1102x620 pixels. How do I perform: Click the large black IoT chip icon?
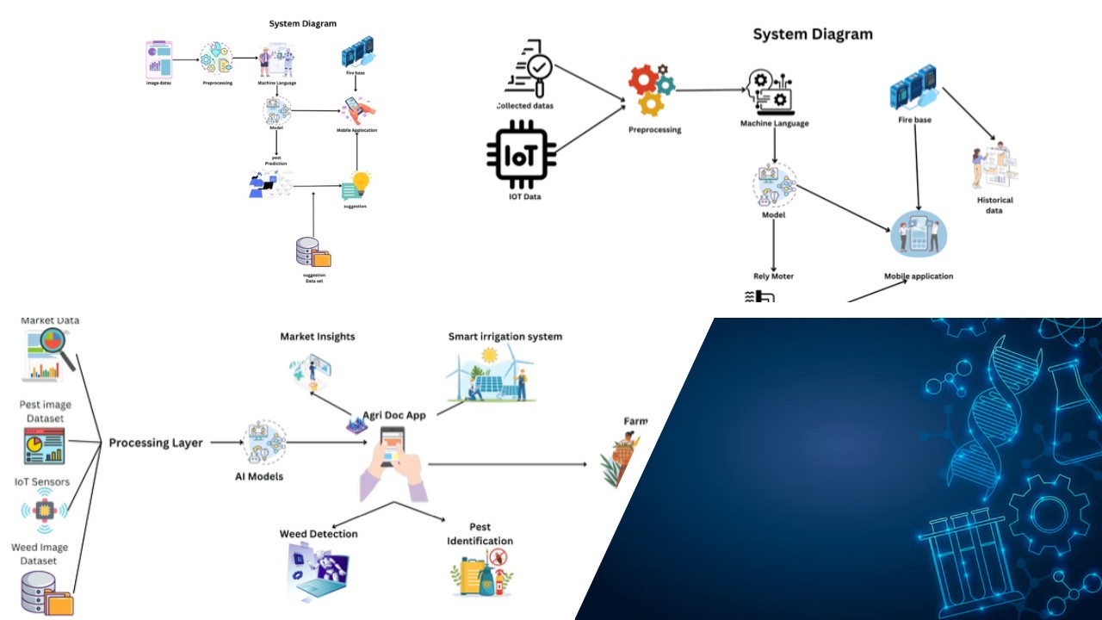(x=521, y=155)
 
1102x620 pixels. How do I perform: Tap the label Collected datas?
(x=525, y=106)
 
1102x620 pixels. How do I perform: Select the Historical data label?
(x=994, y=205)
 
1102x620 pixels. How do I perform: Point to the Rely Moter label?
(x=773, y=276)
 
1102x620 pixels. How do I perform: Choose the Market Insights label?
(x=318, y=337)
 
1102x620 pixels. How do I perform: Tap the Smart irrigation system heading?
(x=505, y=337)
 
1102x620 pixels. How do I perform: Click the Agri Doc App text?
(x=394, y=415)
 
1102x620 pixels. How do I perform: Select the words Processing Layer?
(x=156, y=443)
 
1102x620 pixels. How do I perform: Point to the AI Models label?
(x=259, y=476)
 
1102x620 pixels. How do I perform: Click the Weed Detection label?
(x=319, y=534)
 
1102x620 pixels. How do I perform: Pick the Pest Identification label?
(x=480, y=534)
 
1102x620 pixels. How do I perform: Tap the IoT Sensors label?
(x=42, y=482)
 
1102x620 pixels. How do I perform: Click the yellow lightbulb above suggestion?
(x=360, y=182)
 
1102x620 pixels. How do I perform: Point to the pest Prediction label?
(x=275, y=160)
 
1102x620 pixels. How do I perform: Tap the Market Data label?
(x=50, y=321)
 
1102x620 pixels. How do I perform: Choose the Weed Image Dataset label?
(x=40, y=554)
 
